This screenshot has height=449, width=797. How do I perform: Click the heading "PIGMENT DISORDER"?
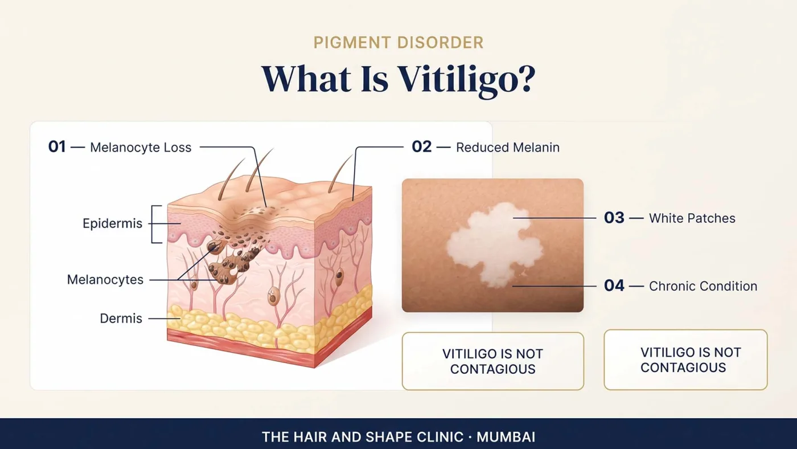(398, 42)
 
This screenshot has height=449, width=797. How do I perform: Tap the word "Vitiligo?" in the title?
(466, 80)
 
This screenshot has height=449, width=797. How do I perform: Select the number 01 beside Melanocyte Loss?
(57, 146)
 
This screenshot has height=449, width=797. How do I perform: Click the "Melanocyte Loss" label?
(141, 148)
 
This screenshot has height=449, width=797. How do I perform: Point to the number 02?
(422, 146)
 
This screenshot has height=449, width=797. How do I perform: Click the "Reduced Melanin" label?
(508, 148)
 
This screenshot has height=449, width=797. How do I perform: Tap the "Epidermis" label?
(113, 223)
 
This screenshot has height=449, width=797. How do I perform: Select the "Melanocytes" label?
(105, 280)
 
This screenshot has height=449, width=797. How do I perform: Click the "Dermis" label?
(121, 319)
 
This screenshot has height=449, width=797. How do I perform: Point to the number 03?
(614, 218)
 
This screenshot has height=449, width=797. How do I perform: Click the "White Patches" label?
(692, 218)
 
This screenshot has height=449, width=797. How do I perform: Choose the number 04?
(614, 285)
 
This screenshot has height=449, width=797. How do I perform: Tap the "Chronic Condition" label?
(703, 286)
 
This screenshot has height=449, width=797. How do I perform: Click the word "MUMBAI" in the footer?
(506, 437)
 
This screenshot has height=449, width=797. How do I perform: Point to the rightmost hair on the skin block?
(340, 174)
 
